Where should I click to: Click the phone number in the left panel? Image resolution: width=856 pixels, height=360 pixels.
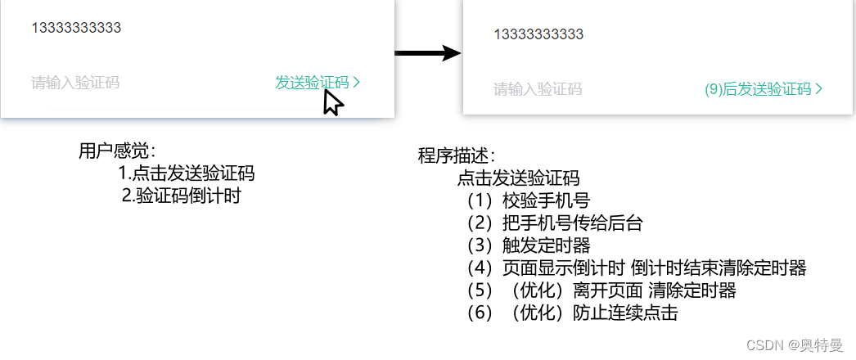point(76,28)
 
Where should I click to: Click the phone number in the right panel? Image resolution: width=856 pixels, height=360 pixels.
point(539,34)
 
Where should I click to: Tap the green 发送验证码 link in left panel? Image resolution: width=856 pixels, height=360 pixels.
point(312,83)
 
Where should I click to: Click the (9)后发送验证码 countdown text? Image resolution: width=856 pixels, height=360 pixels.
point(758,89)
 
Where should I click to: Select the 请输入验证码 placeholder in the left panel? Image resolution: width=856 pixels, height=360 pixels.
point(75,83)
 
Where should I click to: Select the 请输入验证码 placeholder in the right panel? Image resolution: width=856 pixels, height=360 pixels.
point(538,89)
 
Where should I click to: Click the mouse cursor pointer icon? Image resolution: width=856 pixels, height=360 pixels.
point(331,103)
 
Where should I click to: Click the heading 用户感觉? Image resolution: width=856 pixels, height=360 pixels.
point(117,151)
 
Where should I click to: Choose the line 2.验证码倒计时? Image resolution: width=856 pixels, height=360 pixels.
point(181,196)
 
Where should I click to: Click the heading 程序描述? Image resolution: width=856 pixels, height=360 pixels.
point(457,156)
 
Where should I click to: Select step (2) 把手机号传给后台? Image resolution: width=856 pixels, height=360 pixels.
point(554,223)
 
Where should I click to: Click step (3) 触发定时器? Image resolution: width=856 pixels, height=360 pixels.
point(528,245)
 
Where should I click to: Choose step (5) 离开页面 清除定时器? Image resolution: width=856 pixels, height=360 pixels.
point(601,290)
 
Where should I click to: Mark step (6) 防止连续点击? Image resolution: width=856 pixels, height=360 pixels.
point(571,313)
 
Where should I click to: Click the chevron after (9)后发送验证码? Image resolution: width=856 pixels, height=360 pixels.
point(819,89)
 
